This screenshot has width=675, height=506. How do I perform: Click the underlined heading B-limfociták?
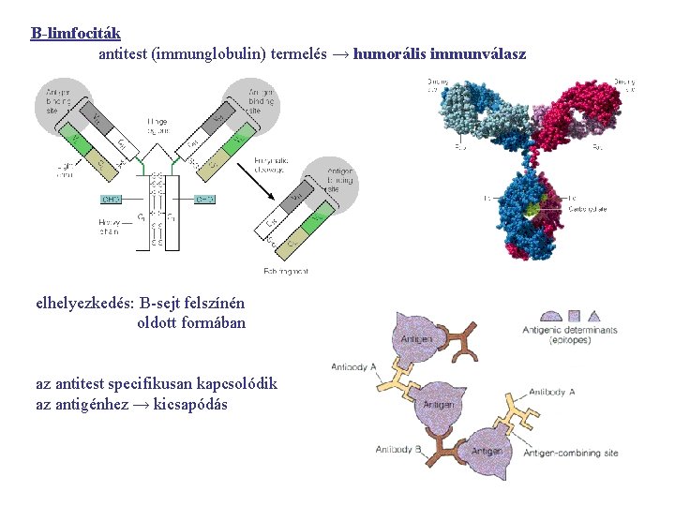(75, 34)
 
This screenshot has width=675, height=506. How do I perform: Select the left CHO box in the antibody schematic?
(112, 199)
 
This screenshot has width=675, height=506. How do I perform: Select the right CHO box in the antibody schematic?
(206, 199)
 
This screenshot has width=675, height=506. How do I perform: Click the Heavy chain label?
(110, 226)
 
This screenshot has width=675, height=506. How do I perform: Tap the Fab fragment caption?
(286, 271)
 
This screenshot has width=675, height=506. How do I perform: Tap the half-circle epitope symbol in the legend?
(551, 317)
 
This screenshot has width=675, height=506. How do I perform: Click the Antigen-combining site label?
(571, 454)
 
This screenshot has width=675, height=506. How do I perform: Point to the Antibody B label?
(400, 450)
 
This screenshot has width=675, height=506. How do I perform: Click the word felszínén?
(212, 303)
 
